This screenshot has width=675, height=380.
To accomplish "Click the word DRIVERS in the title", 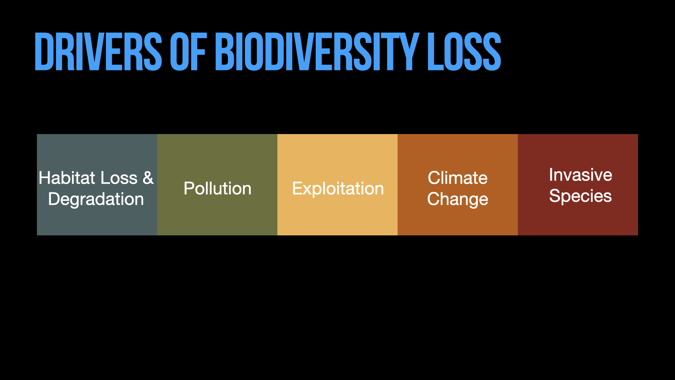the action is [98, 52].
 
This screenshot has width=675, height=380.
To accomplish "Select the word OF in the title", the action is [188, 52].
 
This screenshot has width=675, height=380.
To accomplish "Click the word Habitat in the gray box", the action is [67, 178].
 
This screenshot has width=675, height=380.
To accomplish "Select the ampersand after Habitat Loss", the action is [148, 178].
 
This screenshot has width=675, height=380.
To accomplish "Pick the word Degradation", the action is [96, 199].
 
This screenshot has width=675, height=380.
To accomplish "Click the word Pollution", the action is [218, 188].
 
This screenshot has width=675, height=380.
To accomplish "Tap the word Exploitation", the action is [338, 189].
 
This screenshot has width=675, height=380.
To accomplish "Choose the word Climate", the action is [458, 178].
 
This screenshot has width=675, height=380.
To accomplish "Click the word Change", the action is [458, 199].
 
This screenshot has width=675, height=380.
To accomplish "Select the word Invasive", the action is [581, 175].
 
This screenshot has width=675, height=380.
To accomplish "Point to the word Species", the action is [580, 196].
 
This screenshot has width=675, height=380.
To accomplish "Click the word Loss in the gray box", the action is [119, 178].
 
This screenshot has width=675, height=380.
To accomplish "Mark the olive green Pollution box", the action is [217, 185].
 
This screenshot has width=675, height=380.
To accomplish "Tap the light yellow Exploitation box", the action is [337, 185].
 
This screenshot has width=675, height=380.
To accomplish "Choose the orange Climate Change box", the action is [458, 185].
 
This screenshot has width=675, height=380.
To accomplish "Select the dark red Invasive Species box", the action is [578, 185].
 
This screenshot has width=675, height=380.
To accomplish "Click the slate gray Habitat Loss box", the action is [97, 185].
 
